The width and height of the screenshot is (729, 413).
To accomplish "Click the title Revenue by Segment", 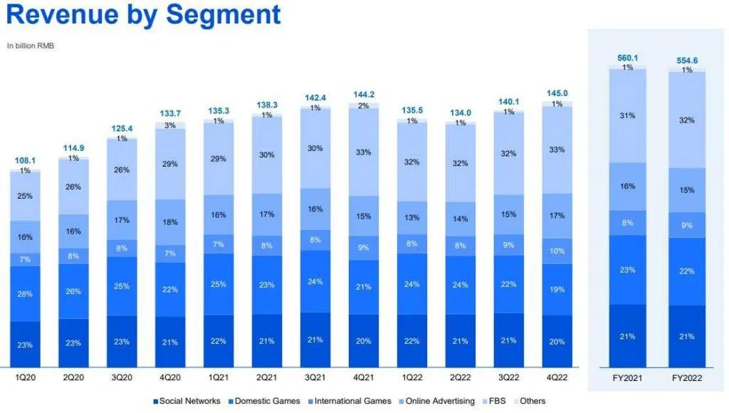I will click(143, 16).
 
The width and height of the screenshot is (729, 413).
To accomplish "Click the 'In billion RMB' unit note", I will click(31, 46).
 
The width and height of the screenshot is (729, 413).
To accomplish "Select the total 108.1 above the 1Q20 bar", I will click(25, 161).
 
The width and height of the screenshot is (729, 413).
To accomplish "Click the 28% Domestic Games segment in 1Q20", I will click(25, 294).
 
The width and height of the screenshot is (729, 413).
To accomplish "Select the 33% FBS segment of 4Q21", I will click(364, 151).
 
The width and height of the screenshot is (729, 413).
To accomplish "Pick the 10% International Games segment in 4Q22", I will click(557, 251).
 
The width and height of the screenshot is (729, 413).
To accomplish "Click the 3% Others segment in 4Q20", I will click(170, 125).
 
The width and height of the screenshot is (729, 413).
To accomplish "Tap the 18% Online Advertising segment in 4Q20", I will click(170, 222).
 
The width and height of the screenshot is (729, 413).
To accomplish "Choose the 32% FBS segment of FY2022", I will click(687, 120).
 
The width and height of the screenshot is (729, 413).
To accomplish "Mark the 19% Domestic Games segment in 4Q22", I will click(557, 289).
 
